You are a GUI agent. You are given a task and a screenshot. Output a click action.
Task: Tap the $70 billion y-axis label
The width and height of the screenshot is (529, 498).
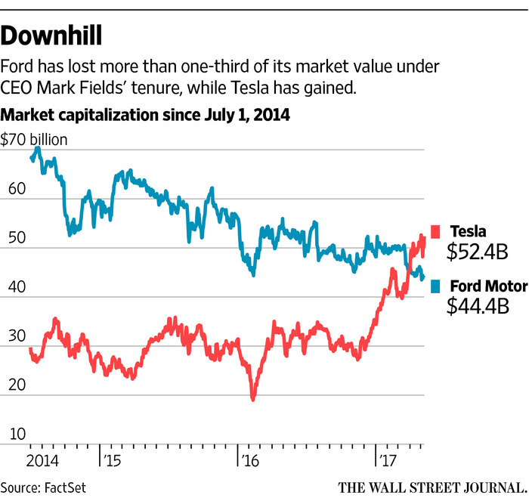point(35,139)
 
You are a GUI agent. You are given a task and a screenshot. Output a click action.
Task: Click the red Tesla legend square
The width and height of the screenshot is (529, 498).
point(435,230)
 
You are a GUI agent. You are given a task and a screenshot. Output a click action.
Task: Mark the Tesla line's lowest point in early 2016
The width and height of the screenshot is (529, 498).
point(253,399)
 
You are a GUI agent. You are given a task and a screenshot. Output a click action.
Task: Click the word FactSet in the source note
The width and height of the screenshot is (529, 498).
point(66,486)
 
